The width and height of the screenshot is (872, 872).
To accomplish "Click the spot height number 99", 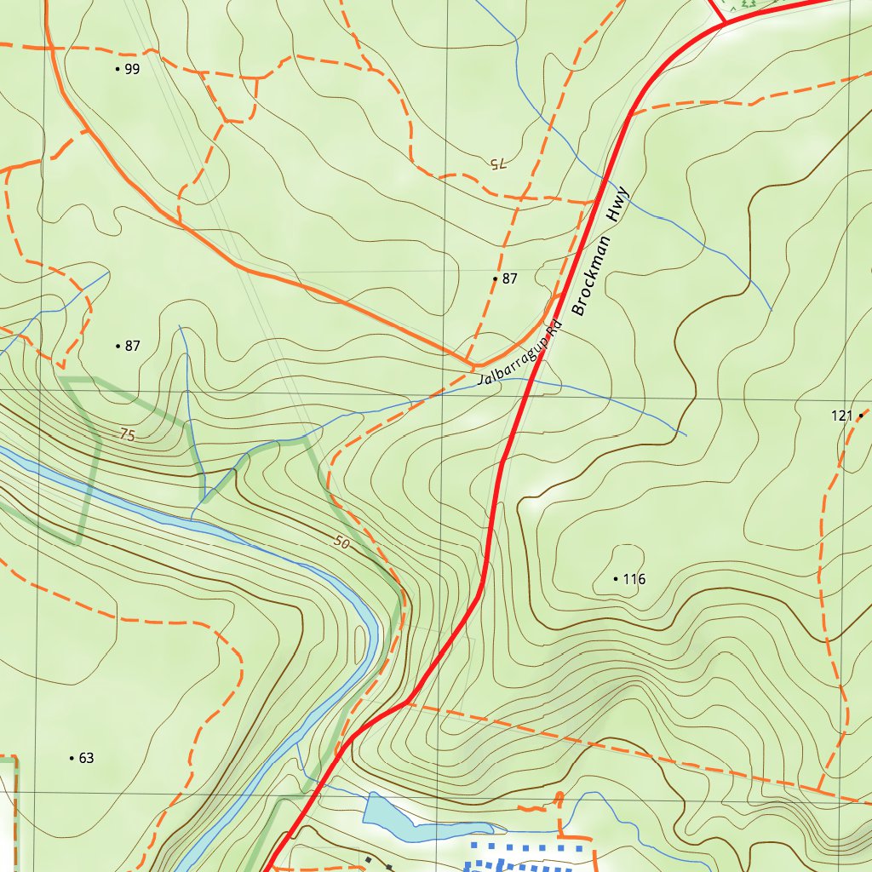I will [132, 69].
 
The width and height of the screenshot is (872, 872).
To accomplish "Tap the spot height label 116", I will [634, 579].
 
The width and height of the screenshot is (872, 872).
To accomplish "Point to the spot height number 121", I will [841, 416].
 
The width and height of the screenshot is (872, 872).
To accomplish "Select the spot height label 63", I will [86, 758].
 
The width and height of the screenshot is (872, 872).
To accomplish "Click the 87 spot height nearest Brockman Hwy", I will [509, 278].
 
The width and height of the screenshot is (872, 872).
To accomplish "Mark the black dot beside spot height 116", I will [616, 579].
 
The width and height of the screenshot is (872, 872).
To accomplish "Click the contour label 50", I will [342, 542].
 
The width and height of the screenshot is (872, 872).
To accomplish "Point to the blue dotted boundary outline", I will [528, 849].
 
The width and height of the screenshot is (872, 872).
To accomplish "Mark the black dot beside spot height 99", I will [118, 69].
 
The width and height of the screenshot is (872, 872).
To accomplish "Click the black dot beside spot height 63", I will [71, 758].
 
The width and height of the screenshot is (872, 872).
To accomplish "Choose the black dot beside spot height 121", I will [862, 416].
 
